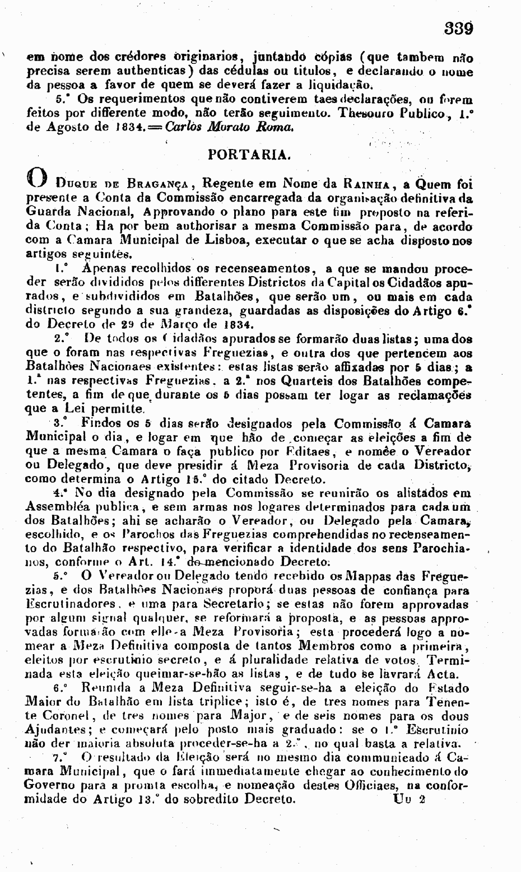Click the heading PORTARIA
click(x=249, y=153)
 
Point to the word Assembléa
click(x=61, y=507)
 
